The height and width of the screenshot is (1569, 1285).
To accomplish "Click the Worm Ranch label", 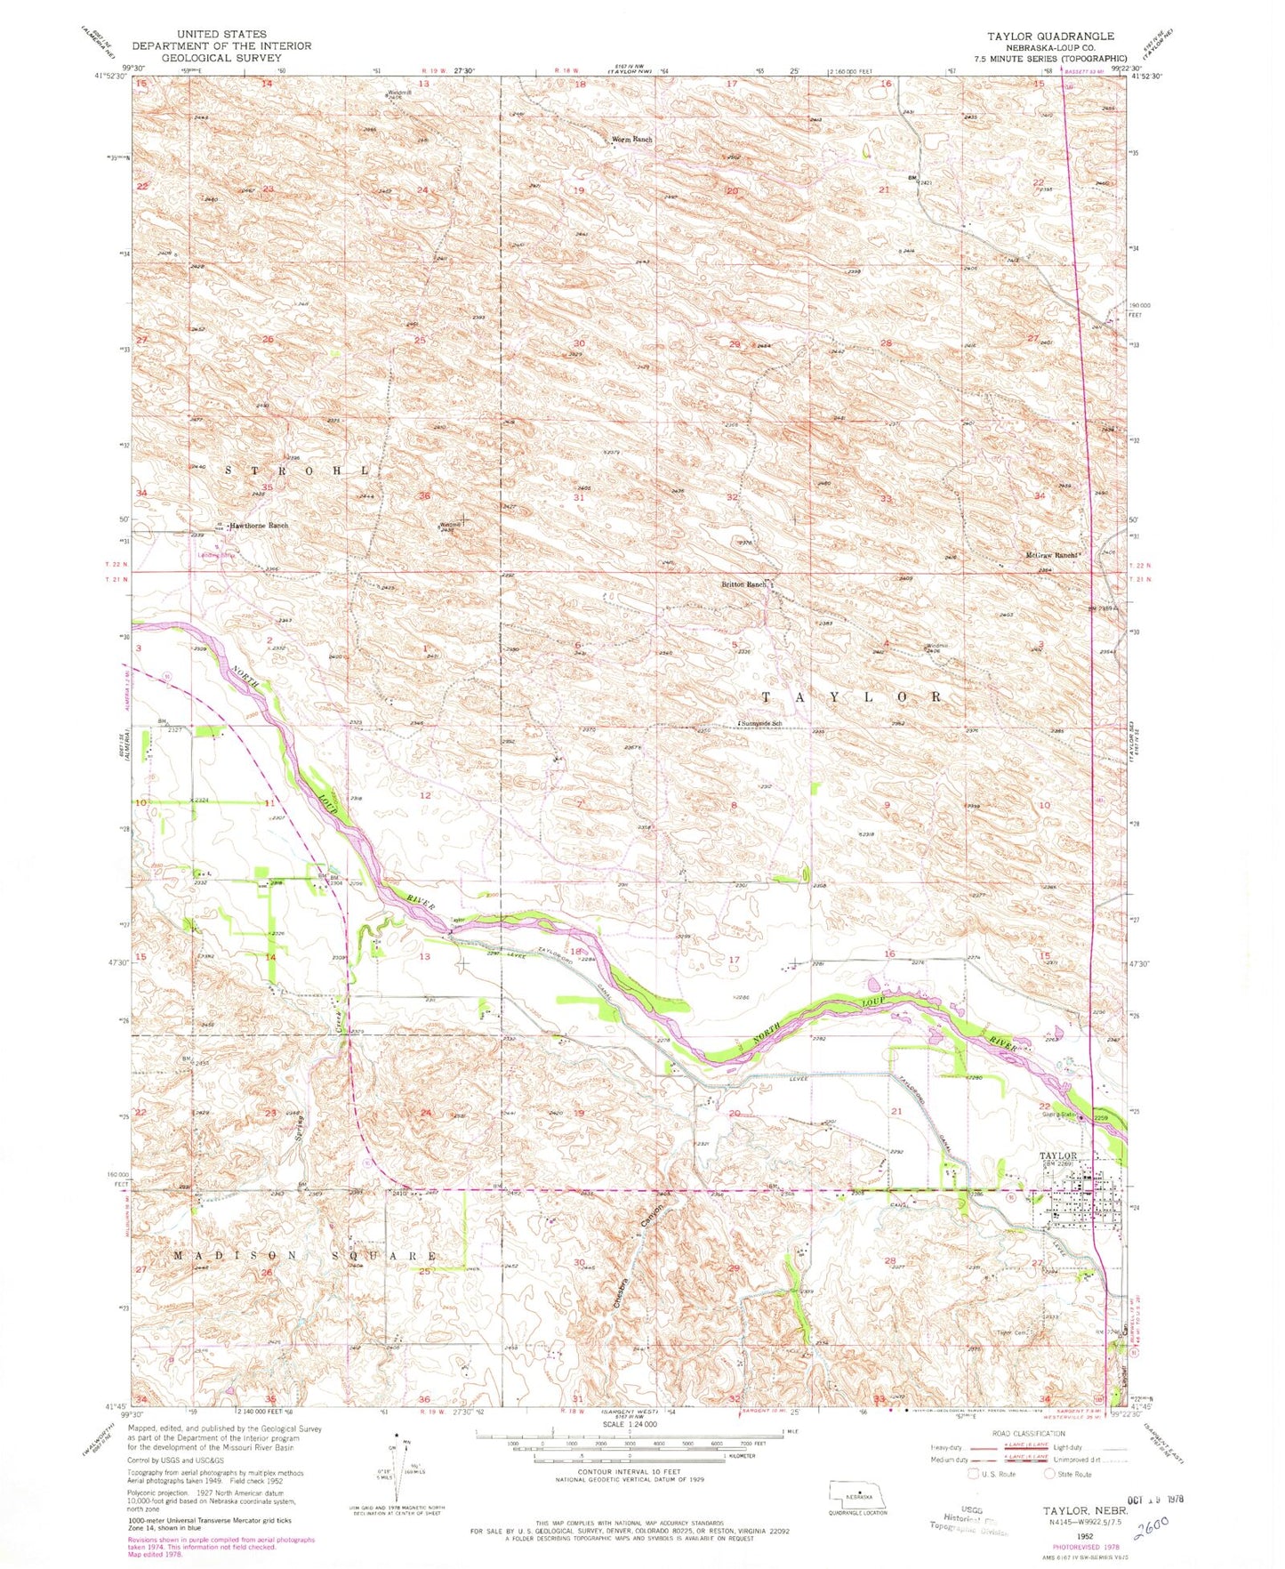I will click(632, 140).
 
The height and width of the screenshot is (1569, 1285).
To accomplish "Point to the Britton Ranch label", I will click(743, 584).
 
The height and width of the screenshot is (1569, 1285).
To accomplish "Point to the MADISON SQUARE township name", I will click(305, 1256).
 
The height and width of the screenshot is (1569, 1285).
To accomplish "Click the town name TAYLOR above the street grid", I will click(1058, 1155).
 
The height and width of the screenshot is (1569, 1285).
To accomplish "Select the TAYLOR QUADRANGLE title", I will click(1049, 36).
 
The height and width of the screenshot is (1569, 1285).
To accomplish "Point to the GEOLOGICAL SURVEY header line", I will click(221, 57).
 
